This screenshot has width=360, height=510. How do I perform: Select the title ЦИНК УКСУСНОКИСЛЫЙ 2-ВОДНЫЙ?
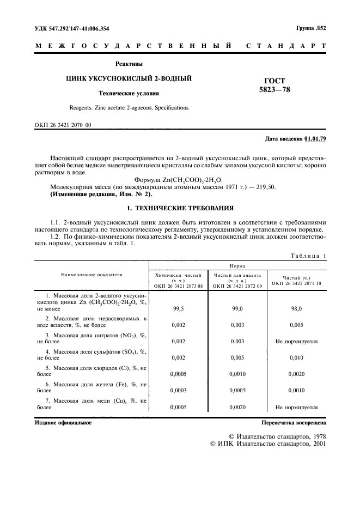click(x=129, y=79)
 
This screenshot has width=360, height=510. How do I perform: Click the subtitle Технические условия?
click(x=129, y=94)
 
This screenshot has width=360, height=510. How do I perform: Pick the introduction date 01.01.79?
click(x=315, y=139)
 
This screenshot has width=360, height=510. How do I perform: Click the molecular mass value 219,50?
click(x=265, y=187)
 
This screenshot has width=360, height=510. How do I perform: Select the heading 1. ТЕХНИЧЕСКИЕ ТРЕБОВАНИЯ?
click(x=180, y=208)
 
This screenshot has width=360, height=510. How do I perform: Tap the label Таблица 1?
click(x=308, y=256)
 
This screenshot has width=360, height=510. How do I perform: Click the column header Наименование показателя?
click(x=91, y=275)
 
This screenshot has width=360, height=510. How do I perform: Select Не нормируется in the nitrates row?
click(x=296, y=341)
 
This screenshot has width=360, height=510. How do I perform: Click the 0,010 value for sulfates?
click(x=296, y=357)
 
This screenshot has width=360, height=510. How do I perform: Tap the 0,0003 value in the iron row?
click(x=178, y=390)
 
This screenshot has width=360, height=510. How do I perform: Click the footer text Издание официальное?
click(x=63, y=422)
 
